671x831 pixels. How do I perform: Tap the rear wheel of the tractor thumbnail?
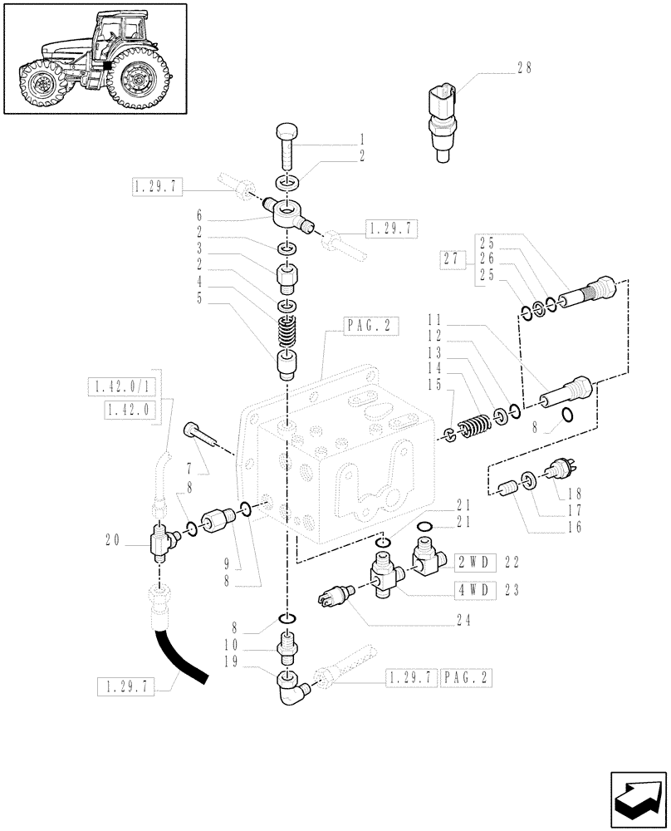coord(139,80)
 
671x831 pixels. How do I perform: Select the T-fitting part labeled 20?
coord(159,545)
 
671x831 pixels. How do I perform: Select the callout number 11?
coord(433,318)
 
